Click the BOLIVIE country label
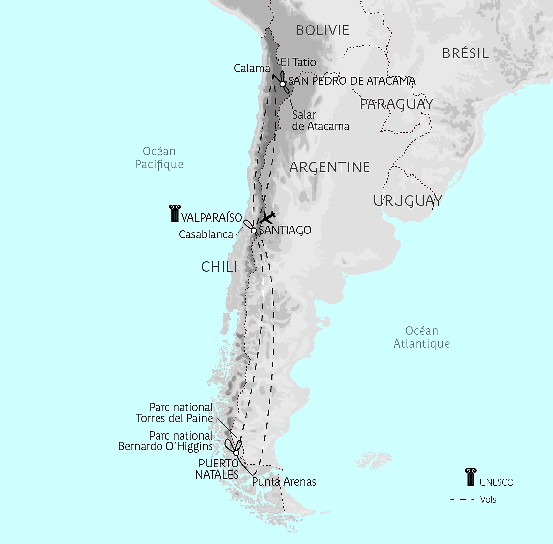(x=322, y=30)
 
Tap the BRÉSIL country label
(x=465, y=53)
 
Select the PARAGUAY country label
(x=396, y=104)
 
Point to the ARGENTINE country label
(x=330, y=167)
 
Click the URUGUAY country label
(x=407, y=201)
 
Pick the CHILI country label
(x=219, y=267)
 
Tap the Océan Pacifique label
(x=159, y=158)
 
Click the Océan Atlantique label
(x=421, y=337)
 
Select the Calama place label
(x=252, y=68)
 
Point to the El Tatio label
(x=298, y=62)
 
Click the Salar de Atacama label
(x=320, y=120)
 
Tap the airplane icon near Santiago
(x=268, y=217)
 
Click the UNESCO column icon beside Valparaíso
(x=174, y=214)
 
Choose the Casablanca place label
(x=206, y=234)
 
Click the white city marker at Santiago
(x=254, y=231)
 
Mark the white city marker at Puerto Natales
(x=236, y=452)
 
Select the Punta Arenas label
(x=284, y=482)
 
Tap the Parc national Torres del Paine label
(x=174, y=413)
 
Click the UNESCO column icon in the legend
(x=471, y=477)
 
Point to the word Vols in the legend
(x=488, y=500)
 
